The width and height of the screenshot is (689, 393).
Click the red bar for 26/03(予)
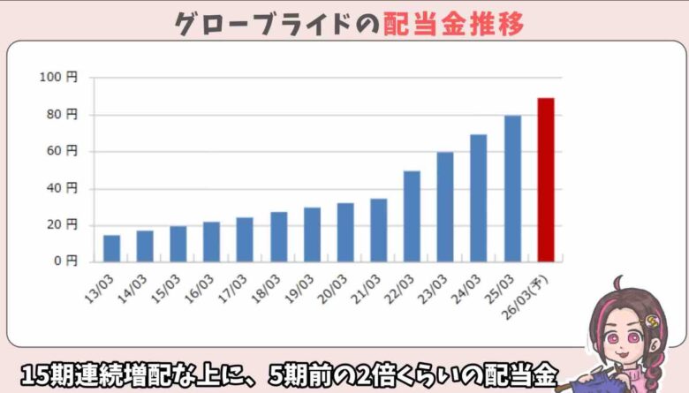[x=546, y=180]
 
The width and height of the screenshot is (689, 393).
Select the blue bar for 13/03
[x=111, y=248]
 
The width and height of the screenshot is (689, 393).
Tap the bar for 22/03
[x=412, y=216]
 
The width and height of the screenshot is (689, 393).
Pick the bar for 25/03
[x=512, y=189]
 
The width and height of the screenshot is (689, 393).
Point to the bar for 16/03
[x=211, y=242]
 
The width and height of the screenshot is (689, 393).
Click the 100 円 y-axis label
[x=59, y=78]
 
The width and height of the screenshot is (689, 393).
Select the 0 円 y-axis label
[x=65, y=261]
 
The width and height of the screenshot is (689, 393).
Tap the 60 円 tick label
[x=63, y=151]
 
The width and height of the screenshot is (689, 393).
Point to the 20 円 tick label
[x=63, y=224]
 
